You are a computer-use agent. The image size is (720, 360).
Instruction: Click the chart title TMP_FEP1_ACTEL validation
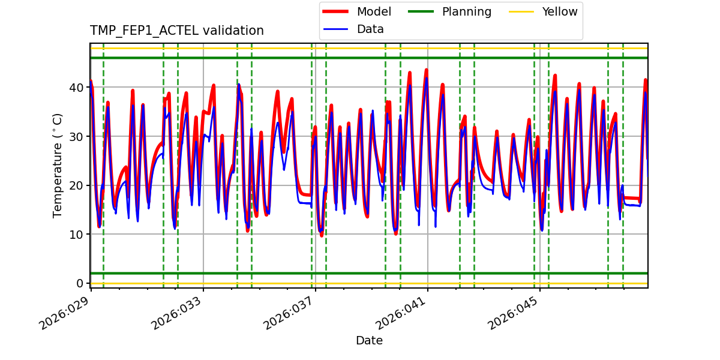point(176,31)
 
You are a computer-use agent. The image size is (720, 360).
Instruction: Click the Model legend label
point(374,11)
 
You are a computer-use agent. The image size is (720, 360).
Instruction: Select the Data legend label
point(370,29)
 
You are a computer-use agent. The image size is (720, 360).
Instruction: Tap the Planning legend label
point(466,11)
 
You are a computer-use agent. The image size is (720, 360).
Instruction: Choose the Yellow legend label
point(559,11)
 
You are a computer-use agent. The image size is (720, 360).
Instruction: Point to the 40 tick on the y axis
point(76,88)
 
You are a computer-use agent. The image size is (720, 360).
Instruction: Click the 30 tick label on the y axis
point(76,136)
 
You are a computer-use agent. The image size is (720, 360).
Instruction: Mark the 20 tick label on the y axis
point(76,185)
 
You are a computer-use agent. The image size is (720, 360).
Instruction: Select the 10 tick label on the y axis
point(76,234)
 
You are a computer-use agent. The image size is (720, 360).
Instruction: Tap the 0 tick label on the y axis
point(79,283)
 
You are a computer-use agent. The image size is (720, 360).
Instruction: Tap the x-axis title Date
point(369,341)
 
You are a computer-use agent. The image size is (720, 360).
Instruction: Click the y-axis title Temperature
point(58,165)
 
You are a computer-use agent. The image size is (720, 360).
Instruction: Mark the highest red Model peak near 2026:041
point(426,70)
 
